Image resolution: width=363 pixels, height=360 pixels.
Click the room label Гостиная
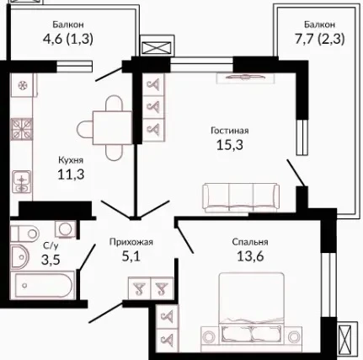(x=230, y=131)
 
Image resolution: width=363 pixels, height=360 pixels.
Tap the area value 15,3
(x=230, y=145)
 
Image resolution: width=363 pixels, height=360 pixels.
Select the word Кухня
(x=71, y=160)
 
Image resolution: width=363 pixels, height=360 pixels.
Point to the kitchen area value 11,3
(x=71, y=175)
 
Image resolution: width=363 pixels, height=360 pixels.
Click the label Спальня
(x=250, y=242)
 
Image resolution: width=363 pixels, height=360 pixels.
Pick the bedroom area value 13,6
(x=250, y=256)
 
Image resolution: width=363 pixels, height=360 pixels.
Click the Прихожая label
(x=131, y=242)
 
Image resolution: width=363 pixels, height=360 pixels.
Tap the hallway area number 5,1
(x=131, y=256)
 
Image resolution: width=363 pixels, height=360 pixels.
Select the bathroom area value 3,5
(x=51, y=260)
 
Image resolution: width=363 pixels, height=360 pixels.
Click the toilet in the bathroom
(x=24, y=233)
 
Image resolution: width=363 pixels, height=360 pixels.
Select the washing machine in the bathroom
(x=66, y=228)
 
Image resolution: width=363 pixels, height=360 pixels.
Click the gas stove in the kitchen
(x=22, y=129)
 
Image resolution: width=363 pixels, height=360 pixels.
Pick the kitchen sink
(x=21, y=181)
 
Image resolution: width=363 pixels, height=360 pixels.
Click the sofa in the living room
(x=241, y=197)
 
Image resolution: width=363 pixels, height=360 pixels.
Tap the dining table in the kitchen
(x=112, y=128)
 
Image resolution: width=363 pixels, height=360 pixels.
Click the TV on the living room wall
(x=245, y=77)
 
